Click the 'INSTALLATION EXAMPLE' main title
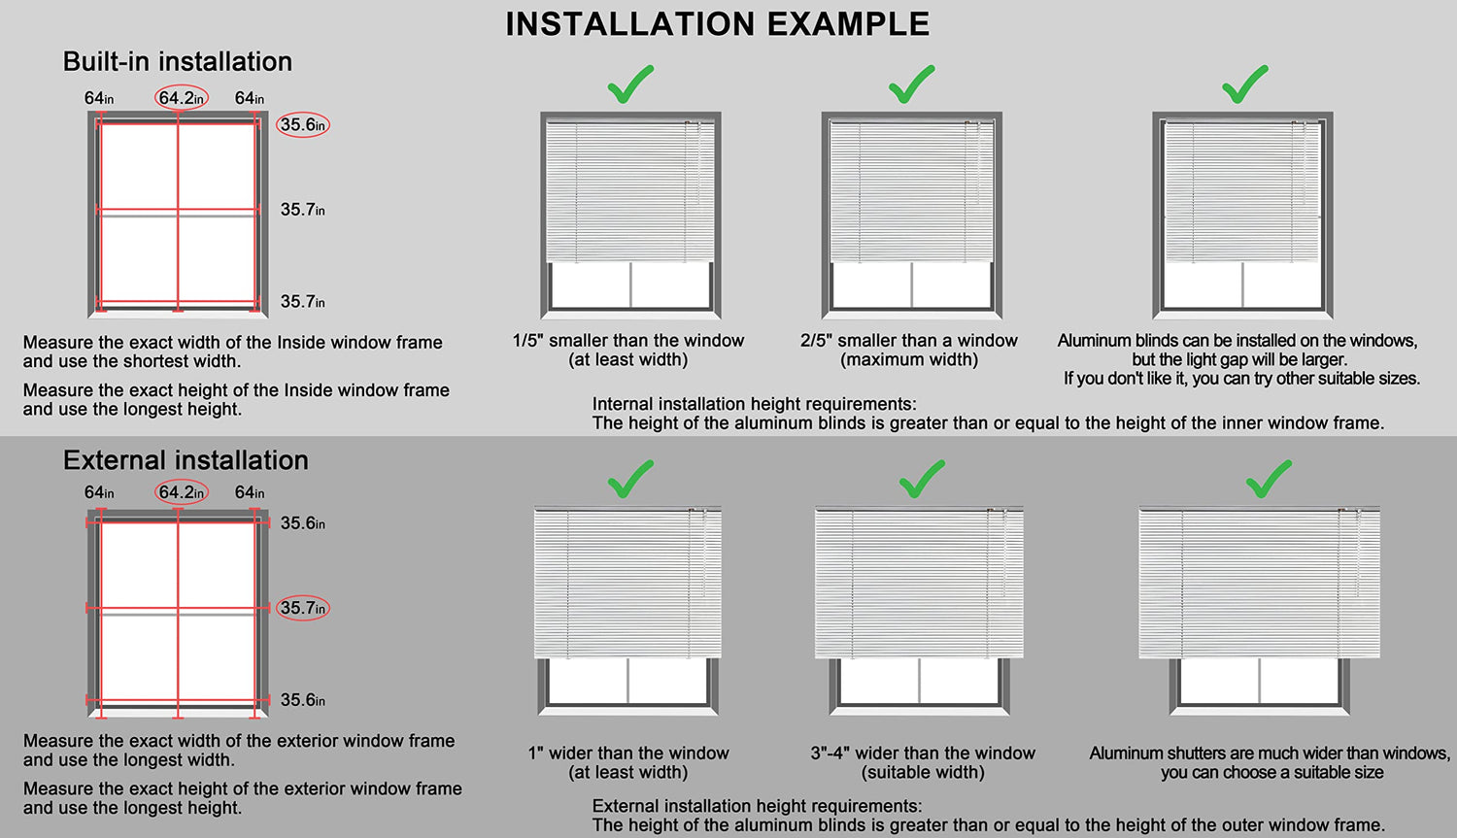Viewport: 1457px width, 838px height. pyautogui.click(x=718, y=24)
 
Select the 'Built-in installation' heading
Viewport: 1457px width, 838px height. pyautogui.click(x=178, y=62)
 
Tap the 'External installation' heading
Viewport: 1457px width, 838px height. pyautogui.click(x=186, y=460)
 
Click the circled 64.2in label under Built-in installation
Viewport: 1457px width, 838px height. pyautogui.click(x=182, y=98)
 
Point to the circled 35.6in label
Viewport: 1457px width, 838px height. pyautogui.click(x=303, y=125)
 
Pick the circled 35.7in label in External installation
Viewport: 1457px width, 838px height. pyautogui.click(x=303, y=608)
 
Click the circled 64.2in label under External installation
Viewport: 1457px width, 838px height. pyautogui.click(x=182, y=492)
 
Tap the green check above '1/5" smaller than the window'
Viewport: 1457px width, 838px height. pyautogui.click(x=630, y=84)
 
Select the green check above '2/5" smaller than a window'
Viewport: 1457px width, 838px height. pyautogui.click(x=911, y=84)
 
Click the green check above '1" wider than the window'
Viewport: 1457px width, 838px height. pyautogui.click(x=630, y=479)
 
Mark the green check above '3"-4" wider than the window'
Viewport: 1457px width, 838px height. pyautogui.click(x=922, y=479)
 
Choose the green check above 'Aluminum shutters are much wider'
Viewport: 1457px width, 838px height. pyautogui.click(x=1269, y=479)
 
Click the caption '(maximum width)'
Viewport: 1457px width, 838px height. pyautogui.click(x=909, y=359)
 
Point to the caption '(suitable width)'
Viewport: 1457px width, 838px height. pyautogui.click(x=923, y=772)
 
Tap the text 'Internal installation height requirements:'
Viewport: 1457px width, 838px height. pyautogui.click(x=754, y=404)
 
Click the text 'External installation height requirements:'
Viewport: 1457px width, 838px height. pyautogui.click(x=757, y=806)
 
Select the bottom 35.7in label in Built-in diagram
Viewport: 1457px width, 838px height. pyautogui.click(x=302, y=302)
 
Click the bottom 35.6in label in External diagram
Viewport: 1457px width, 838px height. pyautogui.click(x=302, y=700)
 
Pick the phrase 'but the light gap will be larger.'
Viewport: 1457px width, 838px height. pyautogui.click(x=1239, y=359)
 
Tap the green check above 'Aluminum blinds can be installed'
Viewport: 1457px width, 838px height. pyautogui.click(x=1245, y=84)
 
